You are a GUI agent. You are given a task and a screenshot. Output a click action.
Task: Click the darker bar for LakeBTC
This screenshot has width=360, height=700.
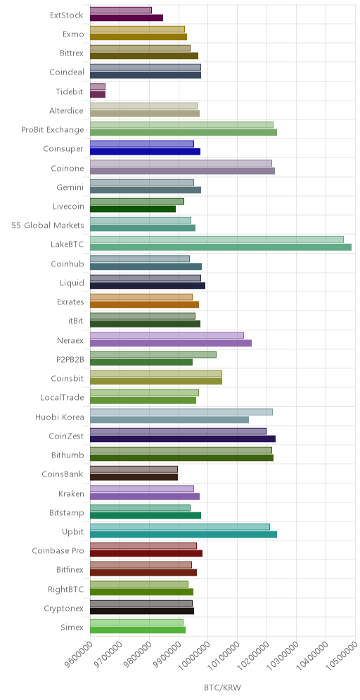pos(221,247)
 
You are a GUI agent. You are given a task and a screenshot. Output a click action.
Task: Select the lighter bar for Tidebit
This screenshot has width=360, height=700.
pos(98,86)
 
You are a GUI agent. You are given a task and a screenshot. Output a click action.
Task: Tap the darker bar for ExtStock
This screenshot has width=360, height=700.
pos(127,18)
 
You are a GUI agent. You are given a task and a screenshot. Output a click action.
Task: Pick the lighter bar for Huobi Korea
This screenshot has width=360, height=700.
pos(181,412)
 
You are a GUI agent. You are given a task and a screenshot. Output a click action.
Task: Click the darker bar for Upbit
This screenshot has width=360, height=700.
pos(184,534)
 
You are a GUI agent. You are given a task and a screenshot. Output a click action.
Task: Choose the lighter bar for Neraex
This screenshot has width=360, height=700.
pos(167,335)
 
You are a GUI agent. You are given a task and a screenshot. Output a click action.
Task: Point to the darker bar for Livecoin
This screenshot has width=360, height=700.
pos(133,209)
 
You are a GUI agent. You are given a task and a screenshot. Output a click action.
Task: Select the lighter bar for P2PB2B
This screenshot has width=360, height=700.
pos(153,354)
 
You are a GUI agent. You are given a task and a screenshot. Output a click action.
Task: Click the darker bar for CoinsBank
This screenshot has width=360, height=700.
pos(134,477)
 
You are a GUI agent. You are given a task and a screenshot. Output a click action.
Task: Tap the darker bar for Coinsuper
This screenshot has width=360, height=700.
pos(145,152)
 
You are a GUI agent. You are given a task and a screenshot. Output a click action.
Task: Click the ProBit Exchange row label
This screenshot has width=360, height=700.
pos(52,130)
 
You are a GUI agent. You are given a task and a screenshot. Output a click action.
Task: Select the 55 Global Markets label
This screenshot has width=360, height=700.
pos(48,226)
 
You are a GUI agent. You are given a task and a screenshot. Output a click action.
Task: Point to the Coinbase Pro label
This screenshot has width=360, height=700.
pos(58,550)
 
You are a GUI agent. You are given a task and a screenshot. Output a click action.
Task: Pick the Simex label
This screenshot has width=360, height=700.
pos(72,627)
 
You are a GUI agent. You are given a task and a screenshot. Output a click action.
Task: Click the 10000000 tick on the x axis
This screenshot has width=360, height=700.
pos(193,658)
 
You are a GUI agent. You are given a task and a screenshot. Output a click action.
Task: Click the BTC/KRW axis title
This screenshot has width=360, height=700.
pos(222,687)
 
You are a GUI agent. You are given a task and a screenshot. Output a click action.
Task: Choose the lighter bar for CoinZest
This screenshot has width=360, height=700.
pos(178,432)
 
